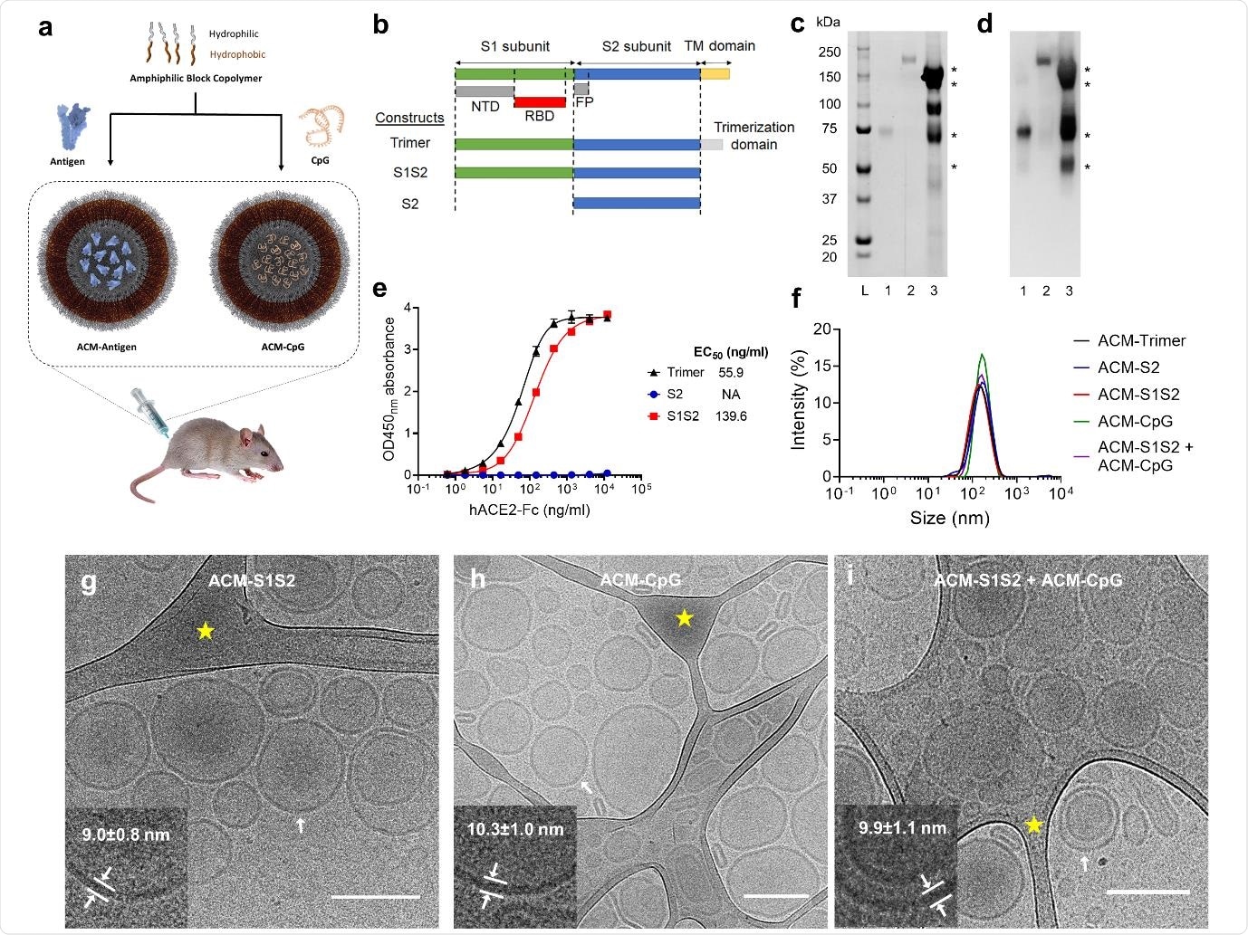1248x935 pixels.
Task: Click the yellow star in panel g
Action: click(x=206, y=631)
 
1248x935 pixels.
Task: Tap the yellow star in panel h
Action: click(x=685, y=618)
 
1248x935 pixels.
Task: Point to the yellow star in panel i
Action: click(x=1033, y=825)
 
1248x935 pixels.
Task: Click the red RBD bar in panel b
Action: click(x=540, y=102)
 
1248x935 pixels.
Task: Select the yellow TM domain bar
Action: click(x=715, y=72)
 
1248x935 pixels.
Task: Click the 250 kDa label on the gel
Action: click(x=829, y=52)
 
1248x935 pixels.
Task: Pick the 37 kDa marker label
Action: click(x=829, y=199)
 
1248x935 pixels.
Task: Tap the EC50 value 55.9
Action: click(x=731, y=372)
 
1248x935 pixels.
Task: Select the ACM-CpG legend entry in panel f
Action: click(x=1135, y=421)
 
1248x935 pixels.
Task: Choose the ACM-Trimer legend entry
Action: click(x=1141, y=340)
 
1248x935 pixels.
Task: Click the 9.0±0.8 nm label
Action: click(x=126, y=835)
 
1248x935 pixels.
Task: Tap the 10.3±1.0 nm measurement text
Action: click(x=515, y=829)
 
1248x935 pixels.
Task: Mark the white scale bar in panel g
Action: click(x=376, y=897)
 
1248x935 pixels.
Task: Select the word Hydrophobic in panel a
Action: click(x=237, y=54)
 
